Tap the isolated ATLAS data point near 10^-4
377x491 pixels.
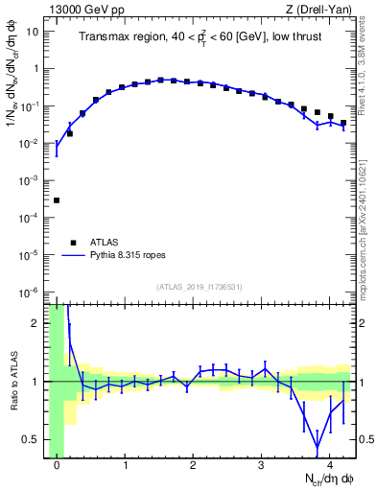57,200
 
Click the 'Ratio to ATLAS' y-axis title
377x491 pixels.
12,381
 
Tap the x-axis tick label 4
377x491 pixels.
329,465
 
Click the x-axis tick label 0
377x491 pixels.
57,465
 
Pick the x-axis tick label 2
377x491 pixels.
193,465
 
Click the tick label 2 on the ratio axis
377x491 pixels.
37,323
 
